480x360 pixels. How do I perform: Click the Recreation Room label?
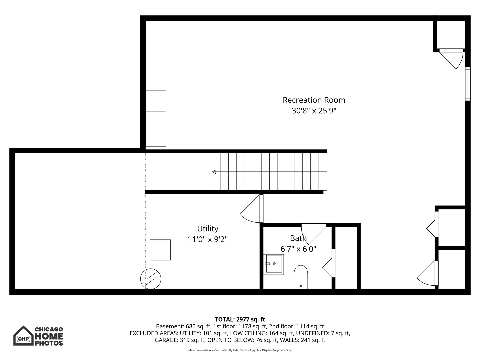pos(314,100)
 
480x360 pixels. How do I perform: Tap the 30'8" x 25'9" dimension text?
pos(314,111)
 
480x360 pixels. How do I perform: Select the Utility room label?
pos(208,229)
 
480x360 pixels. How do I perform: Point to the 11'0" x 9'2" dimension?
pos(208,239)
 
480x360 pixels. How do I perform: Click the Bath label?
pos(298,238)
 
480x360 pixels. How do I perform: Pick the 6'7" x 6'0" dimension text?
pos(298,249)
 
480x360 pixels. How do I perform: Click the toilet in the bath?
pos(301,277)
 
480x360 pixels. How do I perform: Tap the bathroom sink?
pos(273,264)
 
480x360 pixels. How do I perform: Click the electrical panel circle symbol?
pos(151,279)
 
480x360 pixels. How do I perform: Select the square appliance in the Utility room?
pos(160,250)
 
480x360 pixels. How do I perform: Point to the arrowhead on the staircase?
pos(214,172)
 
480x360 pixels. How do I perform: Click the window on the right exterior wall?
pos(468,84)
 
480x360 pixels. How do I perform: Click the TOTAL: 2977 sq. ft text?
pos(240,319)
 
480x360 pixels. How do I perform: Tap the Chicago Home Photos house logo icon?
pos(23,336)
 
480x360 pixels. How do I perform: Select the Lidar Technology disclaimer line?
pos(240,350)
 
